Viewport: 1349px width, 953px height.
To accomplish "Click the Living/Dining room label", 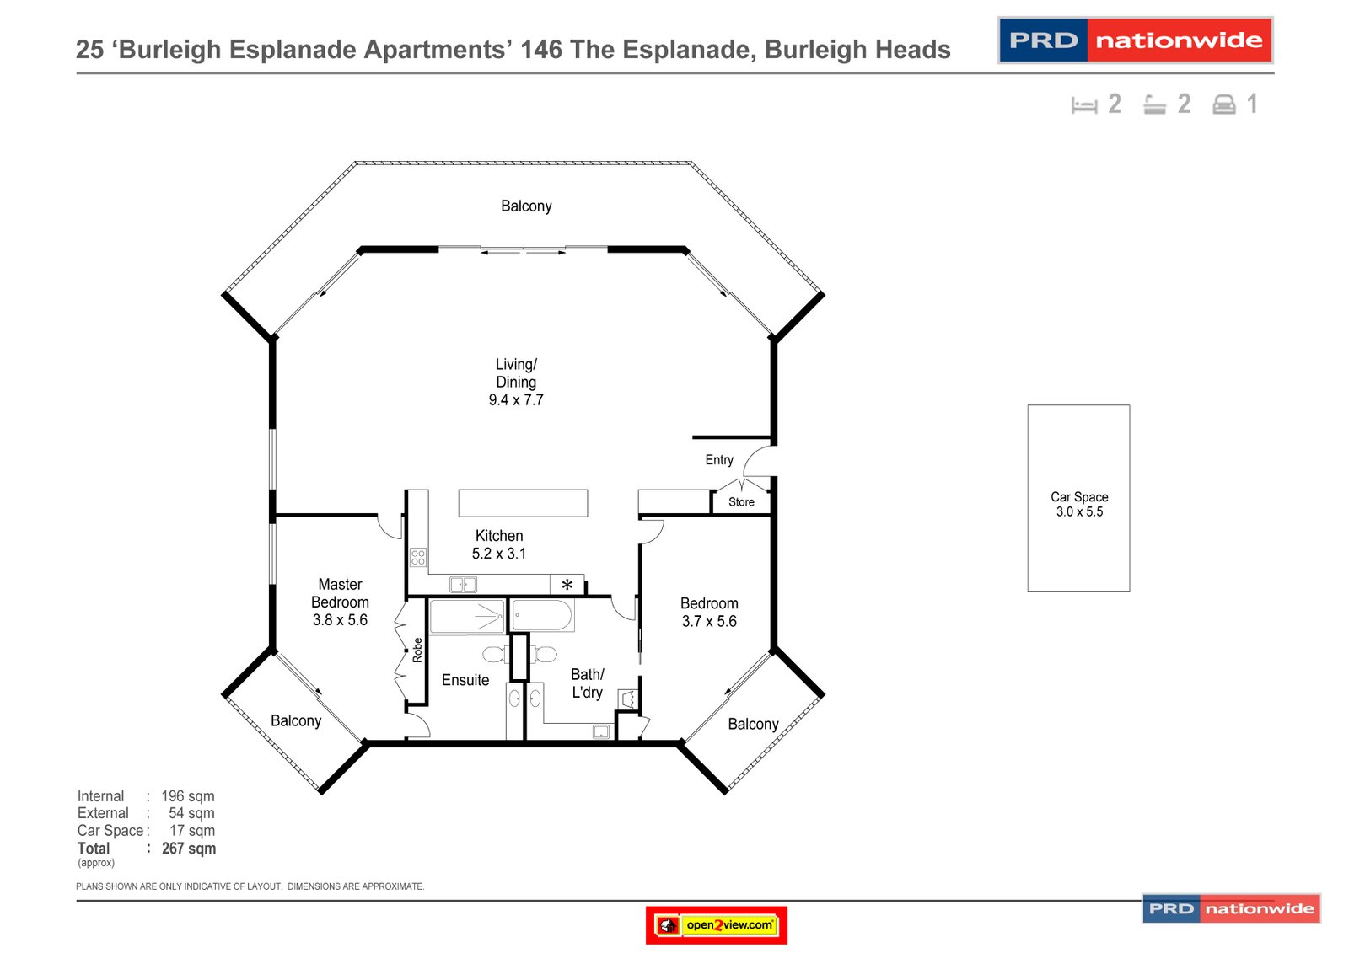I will tap(516, 382).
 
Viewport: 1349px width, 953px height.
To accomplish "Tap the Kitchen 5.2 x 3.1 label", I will tap(499, 544).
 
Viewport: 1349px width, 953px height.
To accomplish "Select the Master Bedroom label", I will tap(340, 602).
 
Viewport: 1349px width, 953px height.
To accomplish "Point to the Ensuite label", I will tap(465, 680).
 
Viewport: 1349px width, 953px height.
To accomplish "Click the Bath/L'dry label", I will tap(588, 683).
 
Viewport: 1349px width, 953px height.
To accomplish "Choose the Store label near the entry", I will tap(741, 502).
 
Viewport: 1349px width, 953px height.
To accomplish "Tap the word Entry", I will tap(719, 459).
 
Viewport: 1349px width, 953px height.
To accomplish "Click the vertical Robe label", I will tap(417, 650).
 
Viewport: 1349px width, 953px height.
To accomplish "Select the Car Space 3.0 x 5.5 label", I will tap(1079, 504).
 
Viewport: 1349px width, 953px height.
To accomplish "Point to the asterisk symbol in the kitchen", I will tap(567, 585).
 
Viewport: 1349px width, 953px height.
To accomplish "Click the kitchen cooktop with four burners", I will tap(417, 557).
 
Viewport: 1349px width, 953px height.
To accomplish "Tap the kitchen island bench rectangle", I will tap(523, 503).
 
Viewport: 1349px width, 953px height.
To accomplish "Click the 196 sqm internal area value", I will tap(188, 796).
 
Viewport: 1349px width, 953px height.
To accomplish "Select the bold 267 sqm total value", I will tap(189, 849).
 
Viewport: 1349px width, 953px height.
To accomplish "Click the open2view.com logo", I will tap(717, 925).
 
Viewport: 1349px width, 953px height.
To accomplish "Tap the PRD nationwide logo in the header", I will tap(1135, 40).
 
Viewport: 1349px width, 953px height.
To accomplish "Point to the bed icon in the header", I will tap(1084, 105).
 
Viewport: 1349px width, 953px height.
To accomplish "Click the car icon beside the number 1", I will tap(1224, 104).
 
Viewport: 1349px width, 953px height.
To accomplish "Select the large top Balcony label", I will tap(526, 206).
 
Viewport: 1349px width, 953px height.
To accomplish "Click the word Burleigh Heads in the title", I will tap(857, 50).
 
